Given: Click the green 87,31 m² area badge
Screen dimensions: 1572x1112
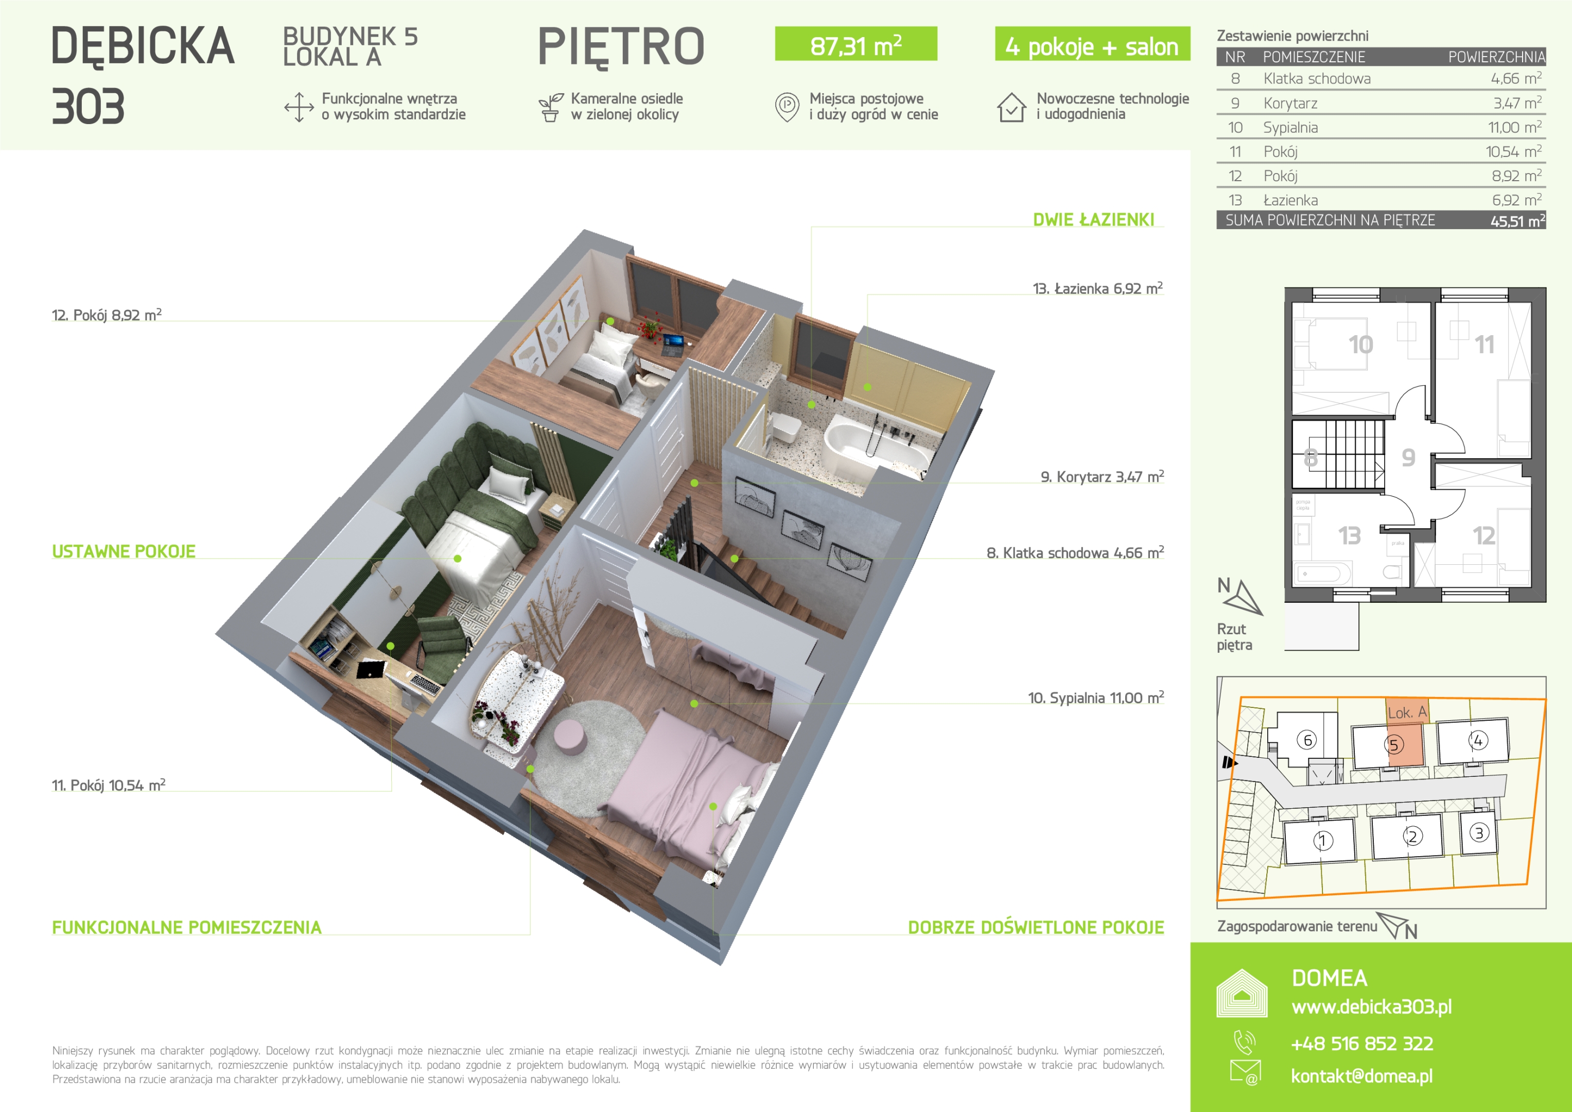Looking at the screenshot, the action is click(856, 44).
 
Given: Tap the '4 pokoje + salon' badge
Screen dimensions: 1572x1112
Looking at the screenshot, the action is click(1092, 44).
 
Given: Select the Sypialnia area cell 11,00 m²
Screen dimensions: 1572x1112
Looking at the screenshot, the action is click(1514, 127).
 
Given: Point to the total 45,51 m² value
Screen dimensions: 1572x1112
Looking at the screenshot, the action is click(1518, 220).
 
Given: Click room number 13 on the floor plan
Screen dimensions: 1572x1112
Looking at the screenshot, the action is click(1350, 535).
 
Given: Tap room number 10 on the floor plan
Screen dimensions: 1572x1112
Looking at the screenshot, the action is click(1360, 344).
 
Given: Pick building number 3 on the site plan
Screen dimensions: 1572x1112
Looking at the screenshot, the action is click(1479, 832).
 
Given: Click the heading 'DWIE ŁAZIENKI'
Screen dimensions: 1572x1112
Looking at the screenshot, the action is click(1093, 220).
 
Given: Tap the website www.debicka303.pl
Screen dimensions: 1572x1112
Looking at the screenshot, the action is click(1371, 1006).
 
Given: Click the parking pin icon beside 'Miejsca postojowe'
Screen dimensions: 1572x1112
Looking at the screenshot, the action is click(788, 107).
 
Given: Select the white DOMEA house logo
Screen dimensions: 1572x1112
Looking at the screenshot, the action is click(1242, 993).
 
